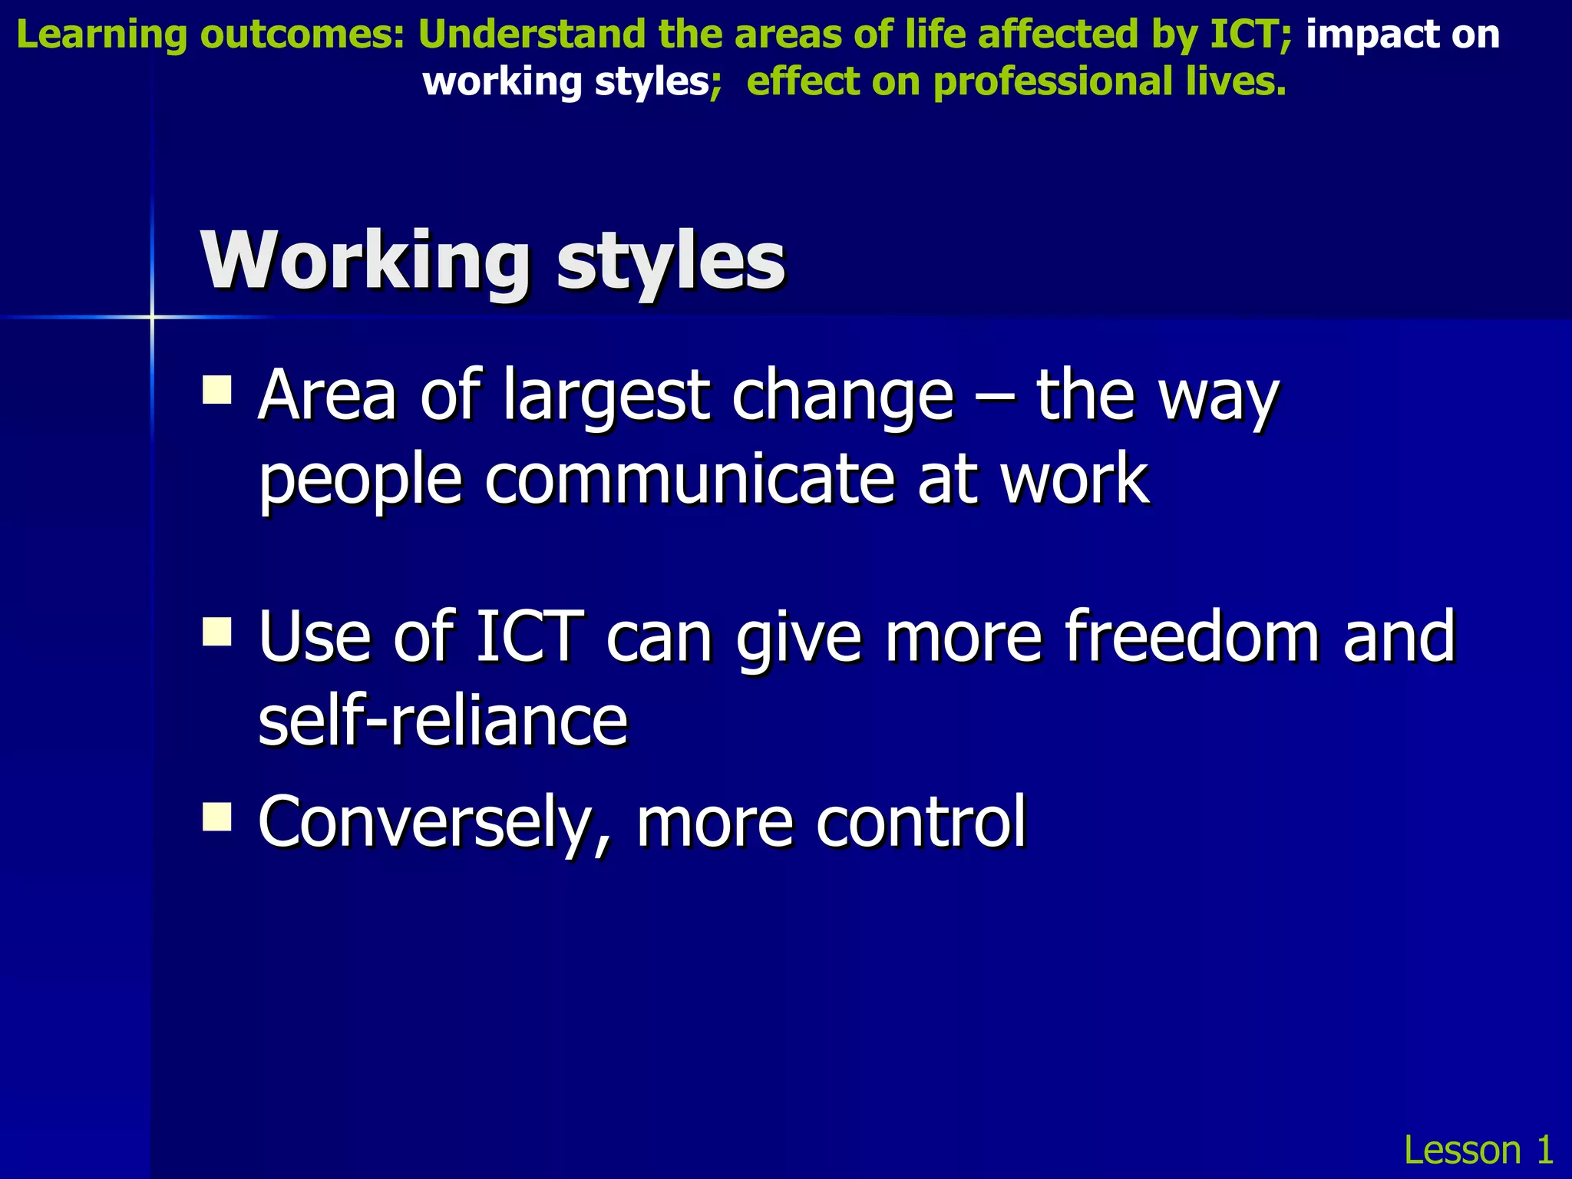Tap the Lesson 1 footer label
click(x=1478, y=1150)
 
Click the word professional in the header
click(x=1052, y=81)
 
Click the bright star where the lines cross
click(x=152, y=316)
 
